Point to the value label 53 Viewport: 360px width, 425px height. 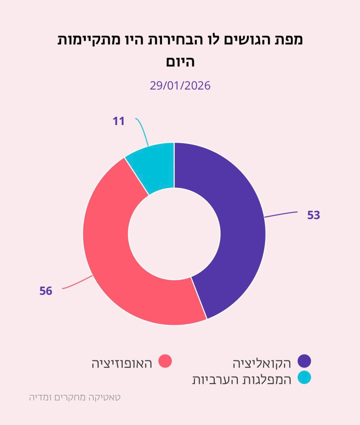[314, 215]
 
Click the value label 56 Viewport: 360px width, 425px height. [46, 291]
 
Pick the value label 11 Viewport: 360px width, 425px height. [119, 121]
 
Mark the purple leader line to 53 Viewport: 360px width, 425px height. [282, 214]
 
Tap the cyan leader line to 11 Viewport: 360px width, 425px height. [144, 131]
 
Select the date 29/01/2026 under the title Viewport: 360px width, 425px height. [180, 86]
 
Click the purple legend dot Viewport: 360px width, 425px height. [304, 361]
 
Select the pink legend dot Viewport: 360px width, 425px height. [165, 361]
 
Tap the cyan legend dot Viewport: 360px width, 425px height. [304, 378]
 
